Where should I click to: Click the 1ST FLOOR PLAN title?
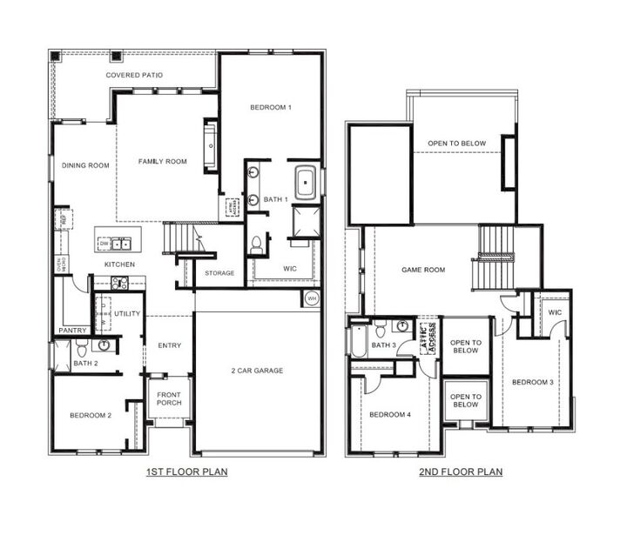click(x=186, y=472)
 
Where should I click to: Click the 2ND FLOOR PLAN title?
click(x=462, y=472)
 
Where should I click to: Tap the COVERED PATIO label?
click(x=133, y=76)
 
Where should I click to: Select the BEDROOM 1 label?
click(x=270, y=107)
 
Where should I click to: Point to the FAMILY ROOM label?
click(x=163, y=161)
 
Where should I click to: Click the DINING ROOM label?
click(x=85, y=165)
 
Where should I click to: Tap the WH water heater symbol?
click(x=312, y=298)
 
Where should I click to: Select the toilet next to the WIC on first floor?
click(x=257, y=245)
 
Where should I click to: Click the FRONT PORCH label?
click(x=168, y=399)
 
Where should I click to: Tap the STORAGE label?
click(x=219, y=273)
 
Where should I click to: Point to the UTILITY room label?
click(x=127, y=313)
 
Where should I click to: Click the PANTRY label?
click(x=71, y=331)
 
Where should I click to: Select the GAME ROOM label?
click(x=422, y=270)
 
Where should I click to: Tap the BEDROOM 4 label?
click(x=390, y=414)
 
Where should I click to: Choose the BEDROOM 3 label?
click(x=533, y=382)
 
